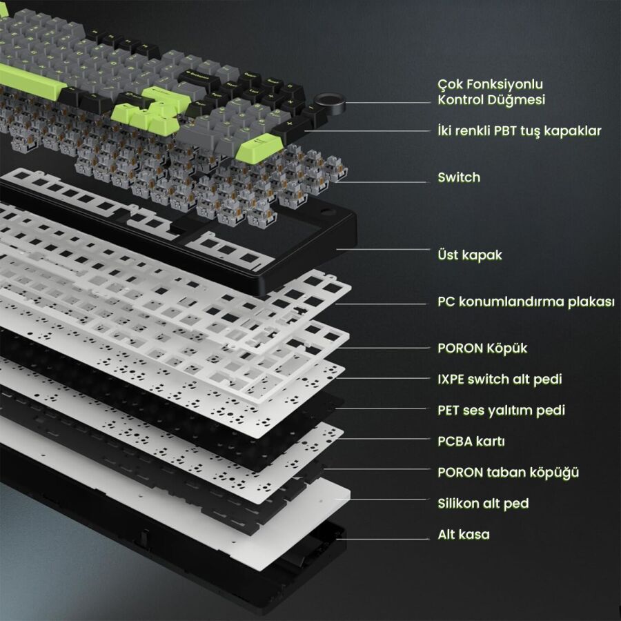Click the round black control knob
[329, 103]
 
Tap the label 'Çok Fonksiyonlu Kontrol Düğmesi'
[491, 92]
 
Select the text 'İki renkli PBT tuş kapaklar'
[519, 130]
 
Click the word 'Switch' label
[459, 177]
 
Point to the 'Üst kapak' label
[470, 255]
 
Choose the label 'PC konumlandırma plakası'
[526, 302]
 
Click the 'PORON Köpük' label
[482, 348]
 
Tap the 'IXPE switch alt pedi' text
[500, 379]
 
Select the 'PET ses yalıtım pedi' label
[501, 411]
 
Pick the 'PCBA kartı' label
[471, 441]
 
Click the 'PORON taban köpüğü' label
[508, 473]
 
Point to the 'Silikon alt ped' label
[483, 504]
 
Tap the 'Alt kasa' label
[464, 535]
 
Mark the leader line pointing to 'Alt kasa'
[382, 539]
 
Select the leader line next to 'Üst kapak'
[383, 250]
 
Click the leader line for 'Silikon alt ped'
[382, 500]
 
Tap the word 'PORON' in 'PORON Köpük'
[460, 348]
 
